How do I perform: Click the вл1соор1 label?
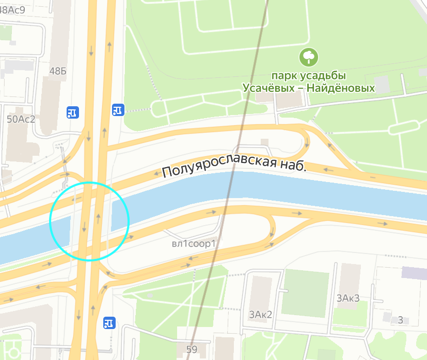193,244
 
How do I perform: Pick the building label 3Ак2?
260,315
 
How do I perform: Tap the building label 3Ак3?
348,298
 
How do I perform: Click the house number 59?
192,350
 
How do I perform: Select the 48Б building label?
58,71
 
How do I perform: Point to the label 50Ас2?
21,119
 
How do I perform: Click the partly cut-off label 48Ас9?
12,8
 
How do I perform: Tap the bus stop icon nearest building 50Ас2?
72,112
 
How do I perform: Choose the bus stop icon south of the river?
108,323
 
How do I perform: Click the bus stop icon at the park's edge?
118,109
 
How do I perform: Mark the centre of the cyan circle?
89,221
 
